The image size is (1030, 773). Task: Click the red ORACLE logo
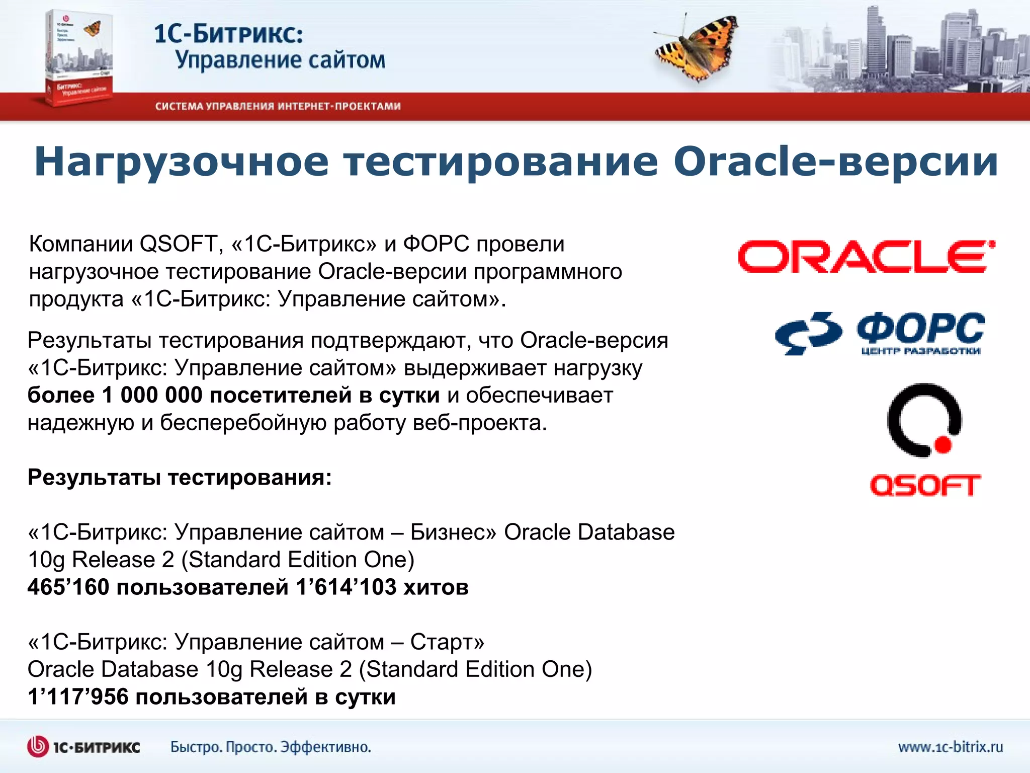pyautogui.click(x=866, y=257)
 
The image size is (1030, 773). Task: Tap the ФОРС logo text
pyautogui.click(x=920, y=329)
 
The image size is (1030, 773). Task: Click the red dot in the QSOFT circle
pyautogui.click(x=943, y=444)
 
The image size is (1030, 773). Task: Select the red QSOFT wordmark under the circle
pyautogui.click(x=925, y=485)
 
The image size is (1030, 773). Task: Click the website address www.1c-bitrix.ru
pyautogui.click(x=951, y=746)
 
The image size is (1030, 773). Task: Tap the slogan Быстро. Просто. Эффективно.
pyautogui.click(x=271, y=746)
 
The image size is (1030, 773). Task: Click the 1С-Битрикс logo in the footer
pyautogui.click(x=83, y=746)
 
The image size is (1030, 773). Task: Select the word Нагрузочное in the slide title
pyautogui.click(x=181, y=162)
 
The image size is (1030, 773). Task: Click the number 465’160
pyautogui.click(x=68, y=587)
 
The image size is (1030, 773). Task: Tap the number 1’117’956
pyautogui.click(x=78, y=697)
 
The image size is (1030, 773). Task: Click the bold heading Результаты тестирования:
pyautogui.click(x=180, y=477)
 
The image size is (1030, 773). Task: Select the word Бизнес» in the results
pyautogui.click(x=453, y=532)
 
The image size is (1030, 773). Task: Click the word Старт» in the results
pyautogui.click(x=447, y=642)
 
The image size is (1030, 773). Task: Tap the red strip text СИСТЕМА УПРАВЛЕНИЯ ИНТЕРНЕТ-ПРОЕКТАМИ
pyautogui.click(x=278, y=106)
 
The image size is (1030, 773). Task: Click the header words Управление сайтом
pyautogui.click(x=280, y=60)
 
